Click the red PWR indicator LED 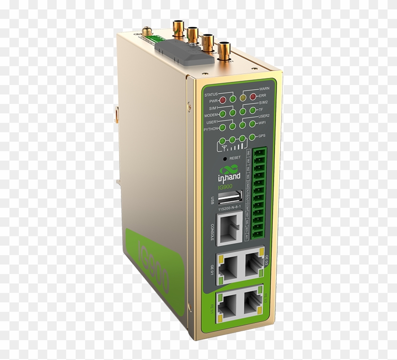point(223,101)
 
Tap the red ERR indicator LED point(253,97)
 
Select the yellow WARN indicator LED point(243,98)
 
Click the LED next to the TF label point(253,110)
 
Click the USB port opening point(230,196)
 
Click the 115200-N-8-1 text point(229,208)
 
